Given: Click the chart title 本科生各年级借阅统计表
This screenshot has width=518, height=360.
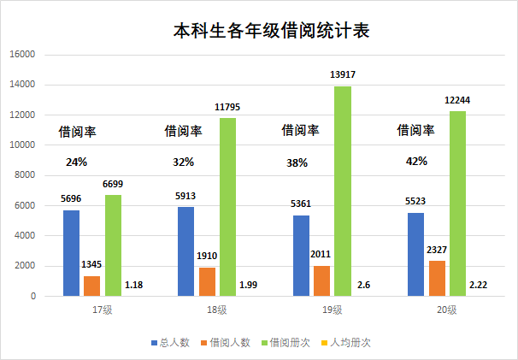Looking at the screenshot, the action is [x=271, y=31].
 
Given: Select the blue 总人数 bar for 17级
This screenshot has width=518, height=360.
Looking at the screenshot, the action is [x=71, y=253].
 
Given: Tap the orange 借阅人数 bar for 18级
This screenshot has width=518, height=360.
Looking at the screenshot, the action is [x=207, y=281].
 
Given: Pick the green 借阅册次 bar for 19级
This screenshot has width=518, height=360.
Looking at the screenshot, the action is [x=343, y=191].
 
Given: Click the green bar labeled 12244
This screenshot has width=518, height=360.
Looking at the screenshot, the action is [x=457, y=204].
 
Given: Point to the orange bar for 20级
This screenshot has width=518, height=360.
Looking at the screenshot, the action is [x=437, y=279].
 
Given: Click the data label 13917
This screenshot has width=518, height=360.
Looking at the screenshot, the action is [x=343, y=74].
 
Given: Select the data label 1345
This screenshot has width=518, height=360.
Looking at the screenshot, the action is [x=91, y=264].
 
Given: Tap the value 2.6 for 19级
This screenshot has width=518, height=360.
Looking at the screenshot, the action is [x=363, y=285].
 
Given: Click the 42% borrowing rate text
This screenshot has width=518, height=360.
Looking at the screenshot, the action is [x=416, y=162].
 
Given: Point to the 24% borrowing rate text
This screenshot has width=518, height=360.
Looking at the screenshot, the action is [x=76, y=162].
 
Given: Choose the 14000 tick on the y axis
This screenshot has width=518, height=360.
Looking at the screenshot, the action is [x=22, y=85].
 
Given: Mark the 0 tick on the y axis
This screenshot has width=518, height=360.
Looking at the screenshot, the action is [x=33, y=296].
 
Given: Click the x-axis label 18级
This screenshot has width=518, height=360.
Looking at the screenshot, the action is [x=217, y=310].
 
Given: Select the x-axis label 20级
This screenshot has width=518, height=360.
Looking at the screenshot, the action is [x=447, y=310].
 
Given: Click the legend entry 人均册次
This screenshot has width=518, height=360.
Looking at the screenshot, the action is [x=345, y=343].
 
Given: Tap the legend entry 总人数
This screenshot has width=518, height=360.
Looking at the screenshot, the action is [x=170, y=343].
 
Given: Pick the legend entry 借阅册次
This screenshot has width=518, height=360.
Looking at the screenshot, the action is [x=285, y=343].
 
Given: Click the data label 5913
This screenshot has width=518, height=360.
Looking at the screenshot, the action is [x=185, y=196].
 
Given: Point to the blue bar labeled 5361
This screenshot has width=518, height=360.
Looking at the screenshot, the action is [x=301, y=256].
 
